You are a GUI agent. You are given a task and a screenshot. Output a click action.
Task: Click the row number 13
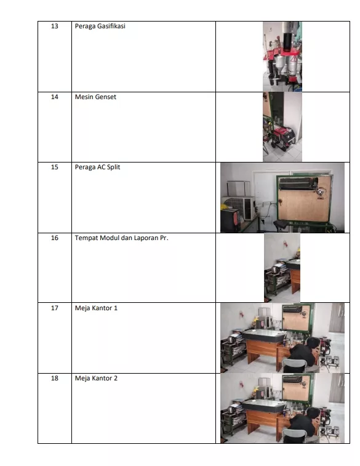(55, 26)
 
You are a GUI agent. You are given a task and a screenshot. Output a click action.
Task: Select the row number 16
(55, 238)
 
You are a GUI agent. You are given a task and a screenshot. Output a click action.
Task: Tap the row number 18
(55, 378)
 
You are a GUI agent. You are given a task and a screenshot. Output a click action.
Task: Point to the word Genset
(106, 97)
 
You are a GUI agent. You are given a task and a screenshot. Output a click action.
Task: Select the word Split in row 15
(113, 167)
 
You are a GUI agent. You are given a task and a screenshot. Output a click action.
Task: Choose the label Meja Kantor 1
(96, 308)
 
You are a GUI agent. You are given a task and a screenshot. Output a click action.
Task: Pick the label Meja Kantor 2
(96, 378)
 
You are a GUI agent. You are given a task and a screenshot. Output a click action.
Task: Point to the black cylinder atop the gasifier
(287, 42)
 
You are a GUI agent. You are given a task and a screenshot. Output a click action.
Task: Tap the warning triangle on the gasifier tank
(294, 58)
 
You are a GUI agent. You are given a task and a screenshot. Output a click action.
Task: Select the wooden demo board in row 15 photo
(305, 198)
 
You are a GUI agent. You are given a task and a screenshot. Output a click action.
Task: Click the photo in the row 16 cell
(282, 268)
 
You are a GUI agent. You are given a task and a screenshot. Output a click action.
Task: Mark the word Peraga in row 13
(83, 26)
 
